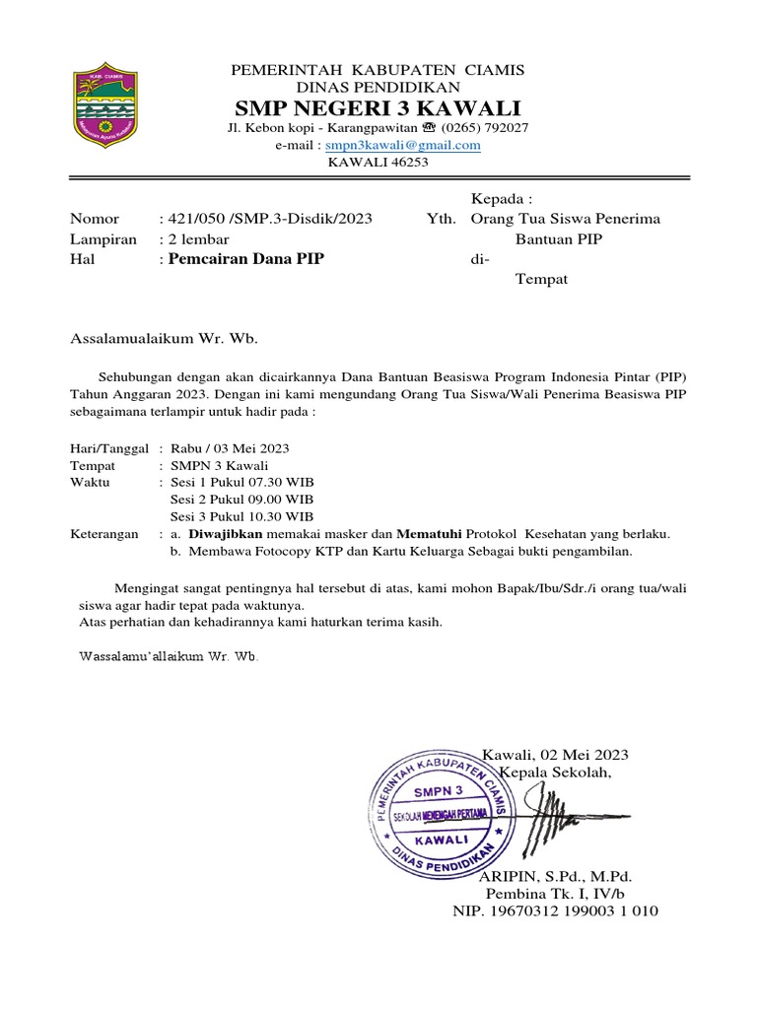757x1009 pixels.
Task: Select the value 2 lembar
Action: click(195, 239)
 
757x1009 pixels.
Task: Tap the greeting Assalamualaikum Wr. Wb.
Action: click(163, 339)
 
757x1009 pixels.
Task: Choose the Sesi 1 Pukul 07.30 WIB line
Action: click(241, 482)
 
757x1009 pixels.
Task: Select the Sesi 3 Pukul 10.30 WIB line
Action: click(241, 516)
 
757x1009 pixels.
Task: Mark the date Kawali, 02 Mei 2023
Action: click(555, 755)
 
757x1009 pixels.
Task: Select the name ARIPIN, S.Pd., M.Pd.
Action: click(556, 876)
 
